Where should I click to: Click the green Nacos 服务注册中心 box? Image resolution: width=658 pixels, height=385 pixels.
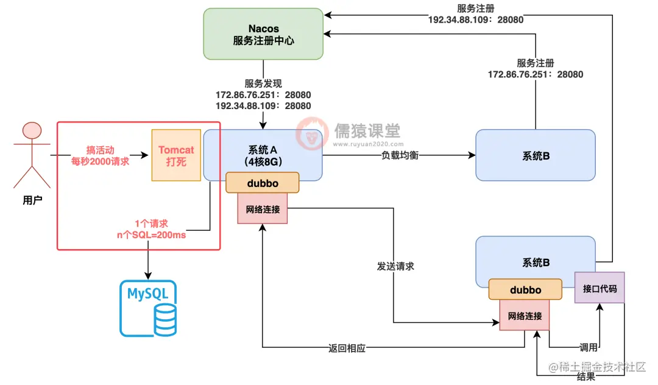click(x=263, y=34)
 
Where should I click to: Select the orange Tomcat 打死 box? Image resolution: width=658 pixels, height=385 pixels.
click(x=176, y=155)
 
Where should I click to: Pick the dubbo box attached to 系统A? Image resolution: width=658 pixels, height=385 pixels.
click(x=263, y=183)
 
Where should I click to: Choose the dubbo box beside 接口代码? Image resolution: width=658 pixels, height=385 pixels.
click(x=525, y=290)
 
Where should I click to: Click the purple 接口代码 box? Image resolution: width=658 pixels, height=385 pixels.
click(x=600, y=288)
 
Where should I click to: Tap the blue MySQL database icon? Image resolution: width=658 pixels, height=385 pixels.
click(x=148, y=308)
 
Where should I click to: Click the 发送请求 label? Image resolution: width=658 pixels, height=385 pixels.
click(x=397, y=266)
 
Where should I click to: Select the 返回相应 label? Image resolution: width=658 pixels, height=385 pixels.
click(x=348, y=348)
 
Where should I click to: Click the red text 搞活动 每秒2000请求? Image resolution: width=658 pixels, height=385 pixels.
click(x=100, y=155)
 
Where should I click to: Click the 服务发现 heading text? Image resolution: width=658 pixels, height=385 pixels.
click(x=263, y=84)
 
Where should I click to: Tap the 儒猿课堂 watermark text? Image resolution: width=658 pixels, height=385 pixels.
click(x=367, y=130)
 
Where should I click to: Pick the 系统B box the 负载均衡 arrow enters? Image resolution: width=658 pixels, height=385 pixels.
click(x=535, y=155)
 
